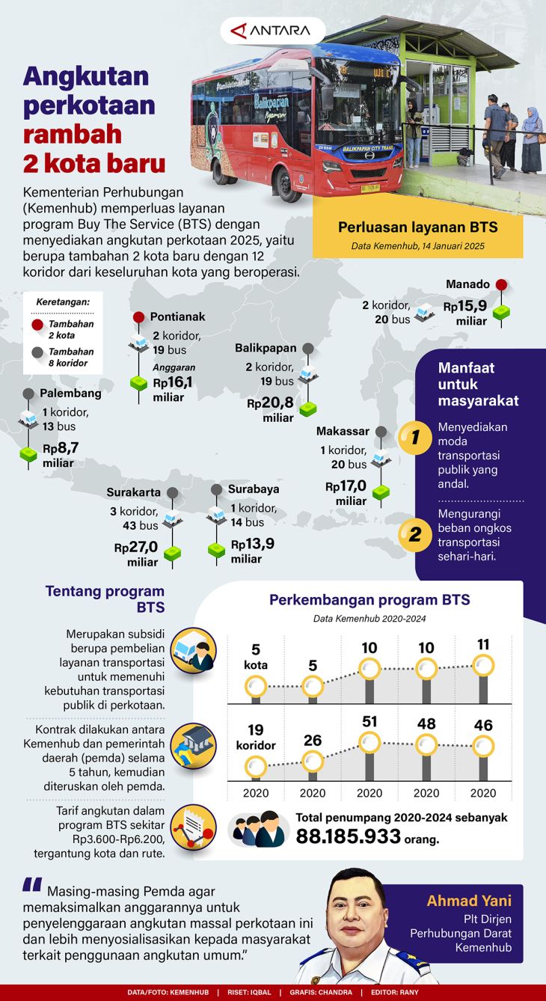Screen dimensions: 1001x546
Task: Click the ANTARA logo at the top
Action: tap(272, 31)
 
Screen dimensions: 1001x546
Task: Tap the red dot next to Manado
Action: tap(501, 284)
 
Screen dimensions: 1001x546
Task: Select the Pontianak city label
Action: tap(177, 316)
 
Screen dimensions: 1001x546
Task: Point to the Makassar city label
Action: tap(343, 432)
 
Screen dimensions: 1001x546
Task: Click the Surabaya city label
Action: tap(254, 489)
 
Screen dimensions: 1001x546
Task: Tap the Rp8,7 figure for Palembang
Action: tap(61, 449)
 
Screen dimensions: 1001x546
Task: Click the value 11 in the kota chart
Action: tap(482, 644)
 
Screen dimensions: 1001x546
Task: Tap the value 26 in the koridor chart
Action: tap(313, 741)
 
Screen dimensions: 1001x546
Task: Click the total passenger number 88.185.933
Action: tap(349, 836)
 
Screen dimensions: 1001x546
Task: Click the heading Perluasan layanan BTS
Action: tap(417, 227)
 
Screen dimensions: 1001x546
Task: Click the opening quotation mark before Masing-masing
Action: tap(31, 885)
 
